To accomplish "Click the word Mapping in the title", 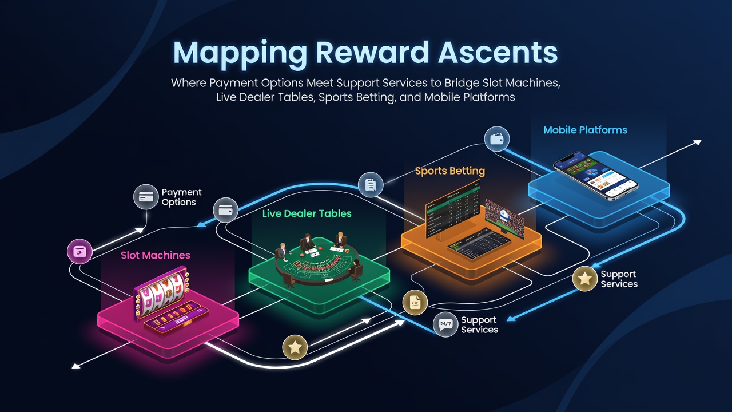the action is pos(240,53).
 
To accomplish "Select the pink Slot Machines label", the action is pos(156,255).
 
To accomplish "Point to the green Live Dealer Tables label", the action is pos(307,213).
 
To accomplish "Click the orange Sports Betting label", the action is pos(450,171).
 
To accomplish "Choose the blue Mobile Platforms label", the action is pos(585,130).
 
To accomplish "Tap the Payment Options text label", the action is pos(182,197).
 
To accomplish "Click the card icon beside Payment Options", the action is pos(146,196).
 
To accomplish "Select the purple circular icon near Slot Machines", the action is pos(79,251).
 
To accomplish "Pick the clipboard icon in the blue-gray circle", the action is pos(371,185).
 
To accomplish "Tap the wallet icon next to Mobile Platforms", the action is pos(497,139).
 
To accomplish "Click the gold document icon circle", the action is pos(415,303).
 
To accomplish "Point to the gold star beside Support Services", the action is pos(585,279).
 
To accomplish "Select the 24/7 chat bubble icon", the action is pos(445,324).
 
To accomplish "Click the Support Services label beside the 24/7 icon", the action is pos(479,324).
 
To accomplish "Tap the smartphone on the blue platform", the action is pos(596,175).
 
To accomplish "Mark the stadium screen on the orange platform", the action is pos(504,217).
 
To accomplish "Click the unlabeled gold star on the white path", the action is pos(295,347).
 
